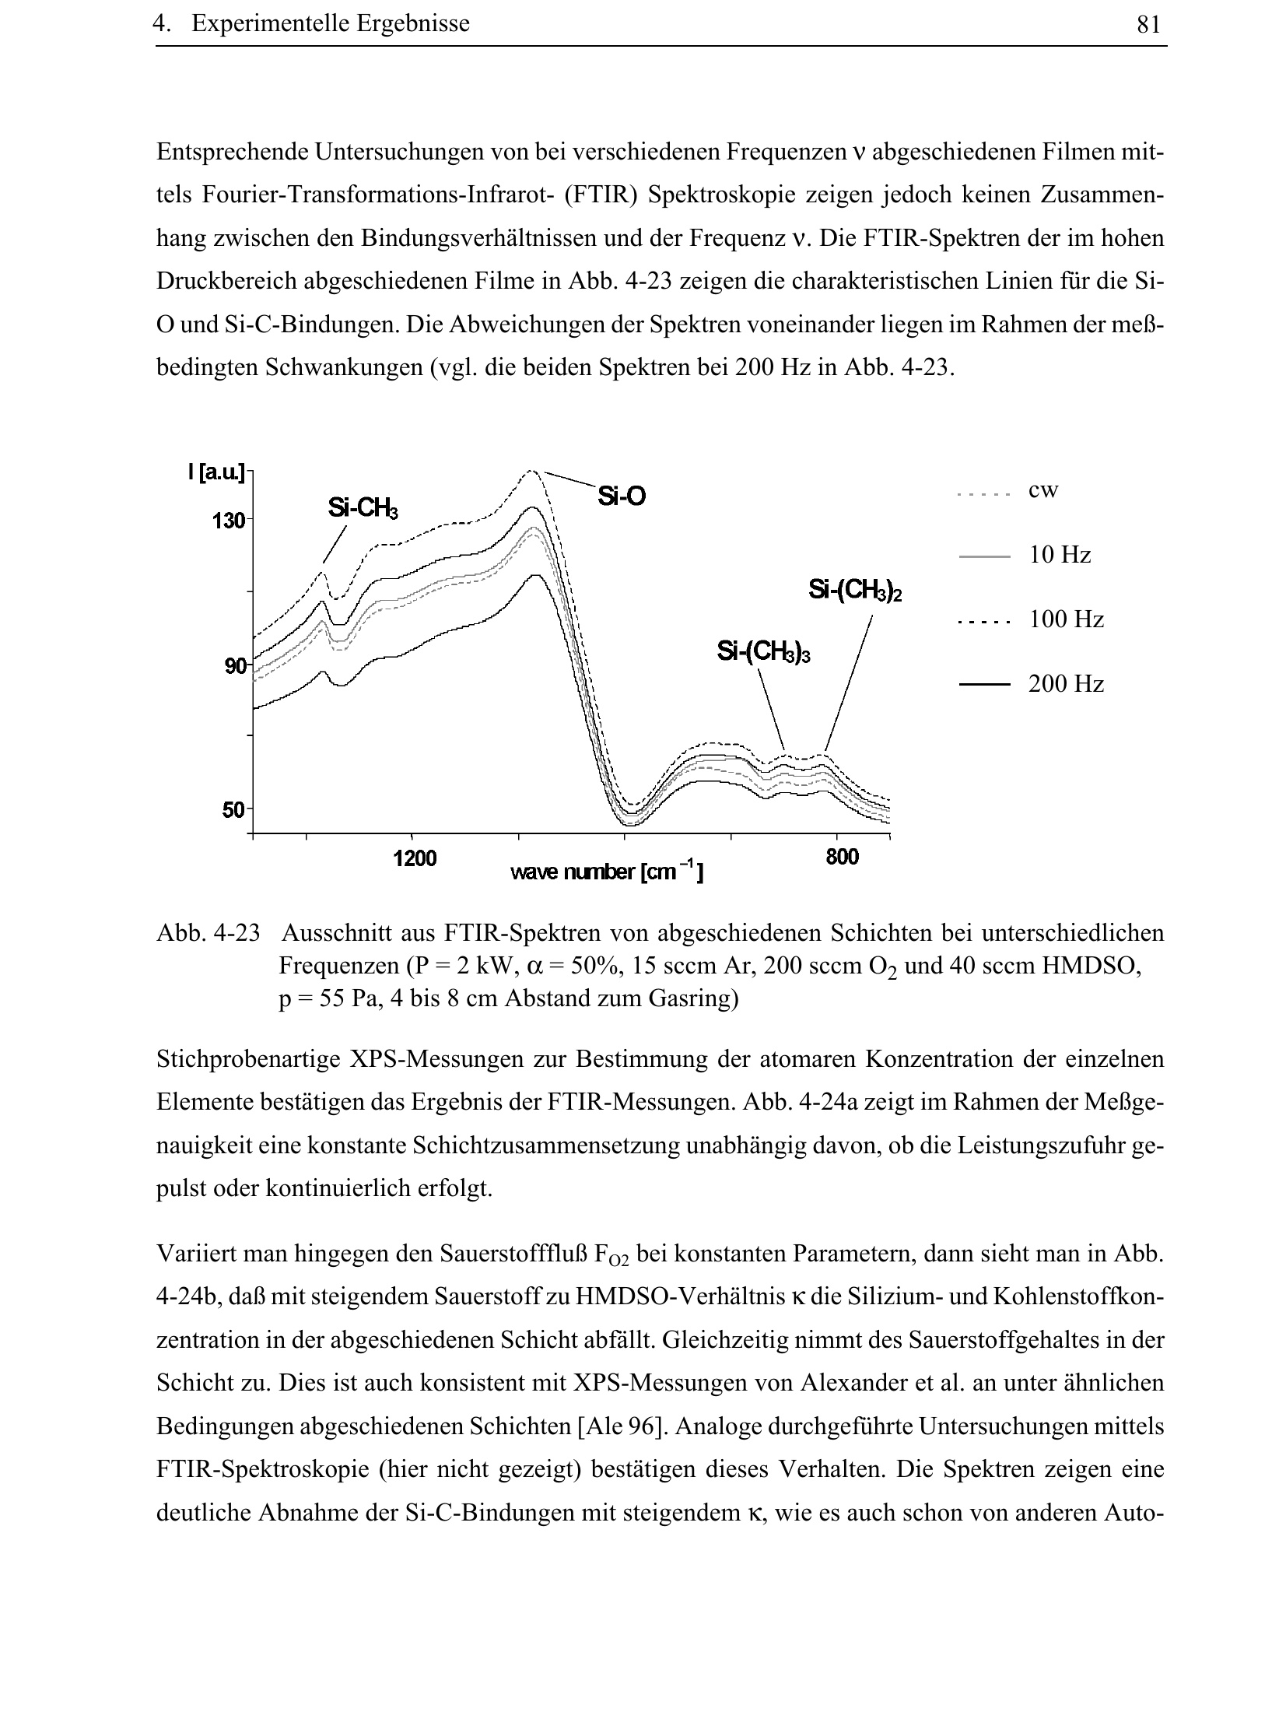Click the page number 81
(1148, 26)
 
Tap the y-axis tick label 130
(228, 521)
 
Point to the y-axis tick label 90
(233, 666)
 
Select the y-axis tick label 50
(233, 810)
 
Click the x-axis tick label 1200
(415, 858)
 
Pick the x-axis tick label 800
(843, 858)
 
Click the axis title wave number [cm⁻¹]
(607, 873)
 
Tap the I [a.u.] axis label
(216, 472)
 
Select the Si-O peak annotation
(622, 496)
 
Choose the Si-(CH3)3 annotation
(763, 651)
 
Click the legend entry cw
(1042, 491)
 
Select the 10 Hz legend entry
(1059, 556)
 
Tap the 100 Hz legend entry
(1066, 620)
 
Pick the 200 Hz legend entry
(1066, 685)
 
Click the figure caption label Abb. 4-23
(208, 932)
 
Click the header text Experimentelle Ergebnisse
(331, 24)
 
